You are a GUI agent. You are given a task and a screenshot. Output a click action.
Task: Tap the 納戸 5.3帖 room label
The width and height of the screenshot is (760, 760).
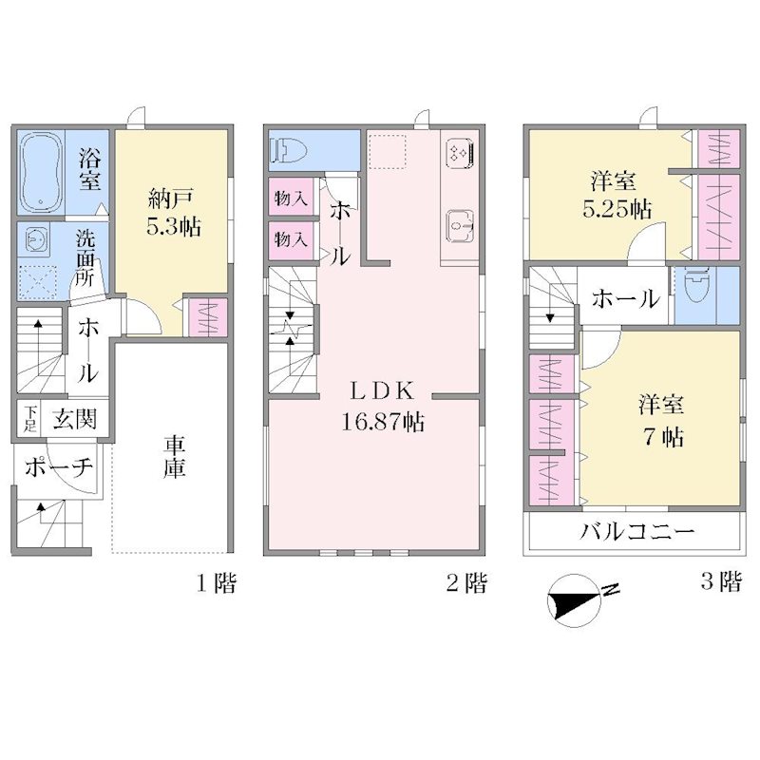[174, 212]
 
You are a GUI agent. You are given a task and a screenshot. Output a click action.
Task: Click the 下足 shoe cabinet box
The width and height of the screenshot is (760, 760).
[29, 419]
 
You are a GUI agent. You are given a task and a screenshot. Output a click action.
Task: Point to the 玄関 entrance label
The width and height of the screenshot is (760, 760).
[74, 419]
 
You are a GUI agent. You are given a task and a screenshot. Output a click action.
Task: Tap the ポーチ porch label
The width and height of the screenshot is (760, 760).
[59, 466]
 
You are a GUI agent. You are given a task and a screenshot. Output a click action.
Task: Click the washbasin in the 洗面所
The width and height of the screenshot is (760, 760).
[33, 239]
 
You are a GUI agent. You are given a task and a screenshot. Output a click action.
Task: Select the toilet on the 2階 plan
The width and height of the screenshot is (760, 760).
[291, 150]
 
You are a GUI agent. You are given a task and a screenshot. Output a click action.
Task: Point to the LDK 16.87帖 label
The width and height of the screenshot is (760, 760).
[383, 407]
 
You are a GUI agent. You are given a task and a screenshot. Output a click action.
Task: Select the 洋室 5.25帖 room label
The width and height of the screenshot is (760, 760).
[616, 196]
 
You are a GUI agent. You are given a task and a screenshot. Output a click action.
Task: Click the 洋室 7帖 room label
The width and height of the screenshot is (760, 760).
[660, 421]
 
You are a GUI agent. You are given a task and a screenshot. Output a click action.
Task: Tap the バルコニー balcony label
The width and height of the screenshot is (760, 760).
[637, 532]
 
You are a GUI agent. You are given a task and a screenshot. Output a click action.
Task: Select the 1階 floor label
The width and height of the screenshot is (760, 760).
[217, 582]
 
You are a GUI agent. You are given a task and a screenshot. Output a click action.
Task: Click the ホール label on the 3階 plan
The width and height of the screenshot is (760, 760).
[625, 298]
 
